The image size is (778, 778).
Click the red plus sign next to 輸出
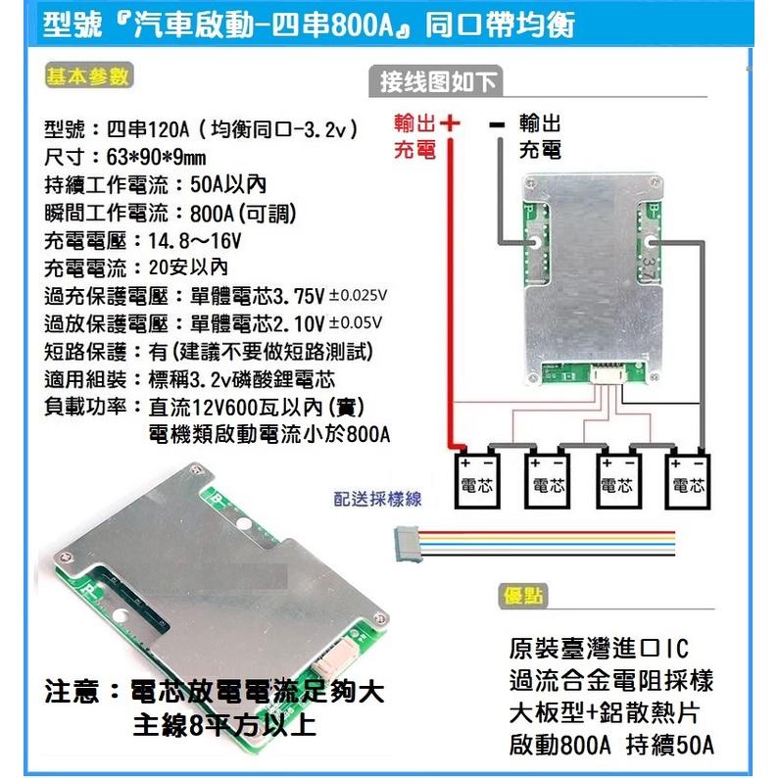click(450, 124)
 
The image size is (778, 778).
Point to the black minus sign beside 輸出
click(496, 124)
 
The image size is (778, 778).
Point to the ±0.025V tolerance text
click(357, 295)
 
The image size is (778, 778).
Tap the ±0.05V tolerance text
click(354, 322)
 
